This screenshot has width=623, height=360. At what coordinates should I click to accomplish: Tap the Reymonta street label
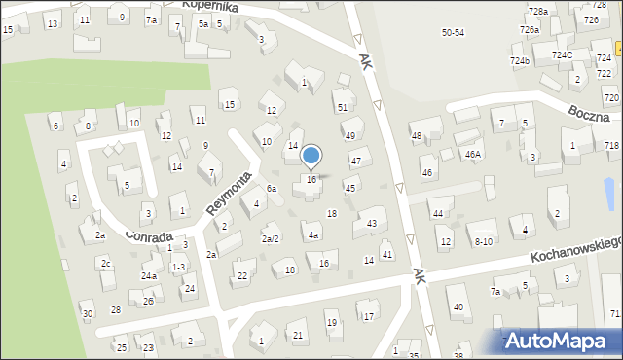pyautogui.click(x=230, y=194)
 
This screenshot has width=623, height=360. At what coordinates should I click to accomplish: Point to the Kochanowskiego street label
pyautogui.click(x=575, y=247)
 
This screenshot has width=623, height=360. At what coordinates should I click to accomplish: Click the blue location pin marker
pyautogui.click(x=311, y=157)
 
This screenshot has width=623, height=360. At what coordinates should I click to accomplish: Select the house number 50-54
pyautogui.click(x=453, y=32)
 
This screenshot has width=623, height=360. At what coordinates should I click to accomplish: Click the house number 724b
pyautogui.click(x=519, y=60)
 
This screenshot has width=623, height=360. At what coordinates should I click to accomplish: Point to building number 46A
pyautogui.click(x=472, y=154)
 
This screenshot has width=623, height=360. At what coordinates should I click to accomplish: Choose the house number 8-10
pyautogui.click(x=483, y=240)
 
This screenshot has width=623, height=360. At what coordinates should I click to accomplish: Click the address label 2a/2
pyautogui.click(x=271, y=238)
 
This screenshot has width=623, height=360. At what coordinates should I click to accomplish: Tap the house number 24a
pyautogui.click(x=148, y=276)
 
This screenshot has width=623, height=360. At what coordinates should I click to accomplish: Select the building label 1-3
pyautogui.click(x=178, y=267)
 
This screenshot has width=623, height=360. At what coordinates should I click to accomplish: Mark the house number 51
pyautogui.click(x=342, y=107)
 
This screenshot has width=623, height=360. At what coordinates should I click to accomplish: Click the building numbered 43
pyautogui.click(x=371, y=224)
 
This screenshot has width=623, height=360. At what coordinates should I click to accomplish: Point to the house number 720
pyautogui.click(x=610, y=98)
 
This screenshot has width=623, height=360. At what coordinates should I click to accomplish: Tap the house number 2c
pyautogui.click(x=106, y=264)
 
